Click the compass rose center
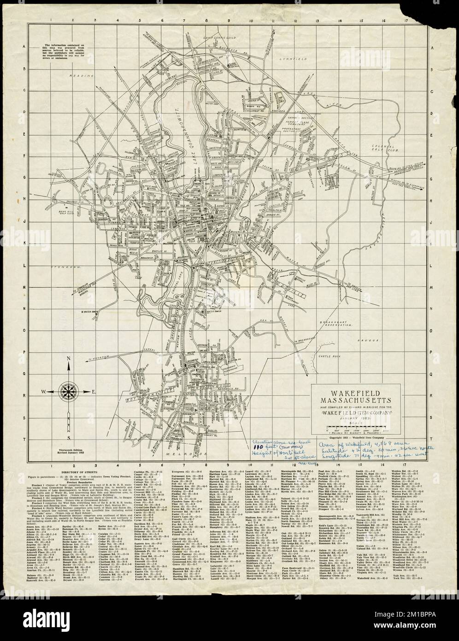pyautogui.click(x=68, y=392)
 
